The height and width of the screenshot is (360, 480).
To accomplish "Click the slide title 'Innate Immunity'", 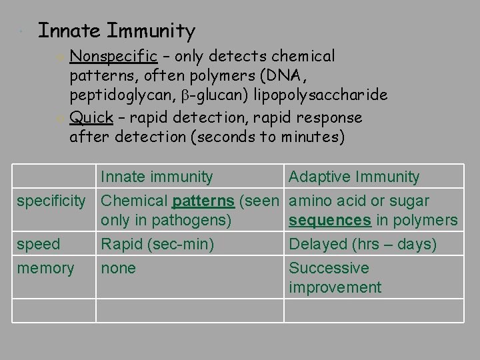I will coord(117,31).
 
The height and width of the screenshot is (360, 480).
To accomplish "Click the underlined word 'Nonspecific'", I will coord(113,56).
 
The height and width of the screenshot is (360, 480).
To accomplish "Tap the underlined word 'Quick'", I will coord(91,118).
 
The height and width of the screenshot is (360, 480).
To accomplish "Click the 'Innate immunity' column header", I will coord(157,177).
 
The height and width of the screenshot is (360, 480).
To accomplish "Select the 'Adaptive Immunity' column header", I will coord(354,177).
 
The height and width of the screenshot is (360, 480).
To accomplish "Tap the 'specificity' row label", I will coord(51,201).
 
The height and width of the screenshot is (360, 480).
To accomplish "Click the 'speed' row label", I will coord(39,245).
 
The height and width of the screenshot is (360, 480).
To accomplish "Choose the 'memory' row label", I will coord(45,269).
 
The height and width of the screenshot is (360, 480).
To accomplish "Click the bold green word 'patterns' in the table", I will coord(203,201).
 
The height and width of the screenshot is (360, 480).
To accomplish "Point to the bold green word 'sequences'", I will coord(330,221).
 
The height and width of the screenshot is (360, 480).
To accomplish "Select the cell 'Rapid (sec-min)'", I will coord(157,245).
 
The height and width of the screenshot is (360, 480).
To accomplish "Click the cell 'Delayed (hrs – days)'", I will coord(362,245).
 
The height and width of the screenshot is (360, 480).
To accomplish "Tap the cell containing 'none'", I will coord(118,269).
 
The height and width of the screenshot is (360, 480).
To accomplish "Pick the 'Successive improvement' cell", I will coord(335,278).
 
